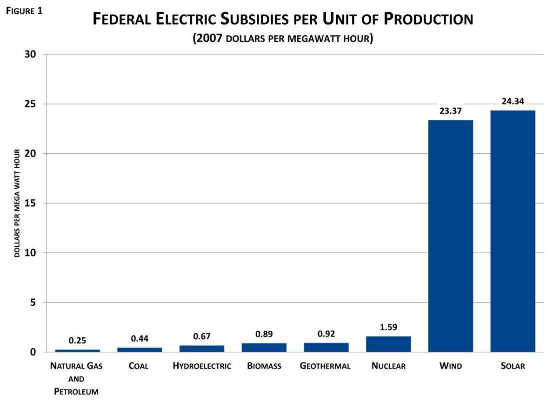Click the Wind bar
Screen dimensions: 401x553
(450, 236)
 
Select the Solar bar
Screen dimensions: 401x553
(513, 231)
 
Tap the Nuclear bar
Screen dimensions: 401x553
(388, 344)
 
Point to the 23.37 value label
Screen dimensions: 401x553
(450, 111)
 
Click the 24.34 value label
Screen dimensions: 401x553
(513, 101)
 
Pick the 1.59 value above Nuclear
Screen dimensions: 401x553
(388, 327)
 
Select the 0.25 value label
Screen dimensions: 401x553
(77, 341)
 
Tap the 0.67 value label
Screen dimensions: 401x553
(202, 336)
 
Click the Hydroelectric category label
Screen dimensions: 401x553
(202, 366)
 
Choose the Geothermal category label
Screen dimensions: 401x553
(325, 366)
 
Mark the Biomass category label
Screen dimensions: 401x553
(264, 366)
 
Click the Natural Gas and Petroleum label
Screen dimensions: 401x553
(76, 378)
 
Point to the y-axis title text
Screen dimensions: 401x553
(17, 203)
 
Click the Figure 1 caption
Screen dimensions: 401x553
(24, 11)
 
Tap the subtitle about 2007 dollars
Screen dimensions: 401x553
(283, 39)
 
